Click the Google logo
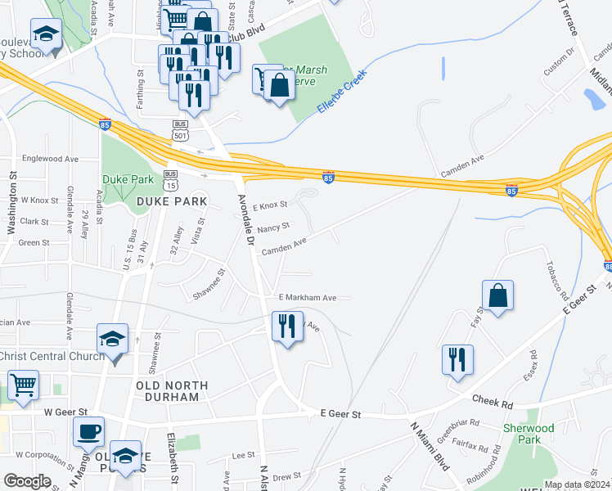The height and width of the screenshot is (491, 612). [27, 481]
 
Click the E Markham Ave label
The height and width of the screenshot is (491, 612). [307, 298]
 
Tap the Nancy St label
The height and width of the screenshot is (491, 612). [273, 228]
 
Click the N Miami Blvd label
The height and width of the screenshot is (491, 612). [430, 445]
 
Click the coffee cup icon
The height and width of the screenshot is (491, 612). [89, 431]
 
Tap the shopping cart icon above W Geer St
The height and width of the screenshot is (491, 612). [23, 384]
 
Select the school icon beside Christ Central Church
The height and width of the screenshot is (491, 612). [113, 339]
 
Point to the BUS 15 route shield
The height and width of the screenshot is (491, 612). [170, 180]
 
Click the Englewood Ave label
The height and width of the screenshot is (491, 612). [51, 159]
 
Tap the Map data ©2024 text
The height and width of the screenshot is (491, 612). [577, 484]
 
